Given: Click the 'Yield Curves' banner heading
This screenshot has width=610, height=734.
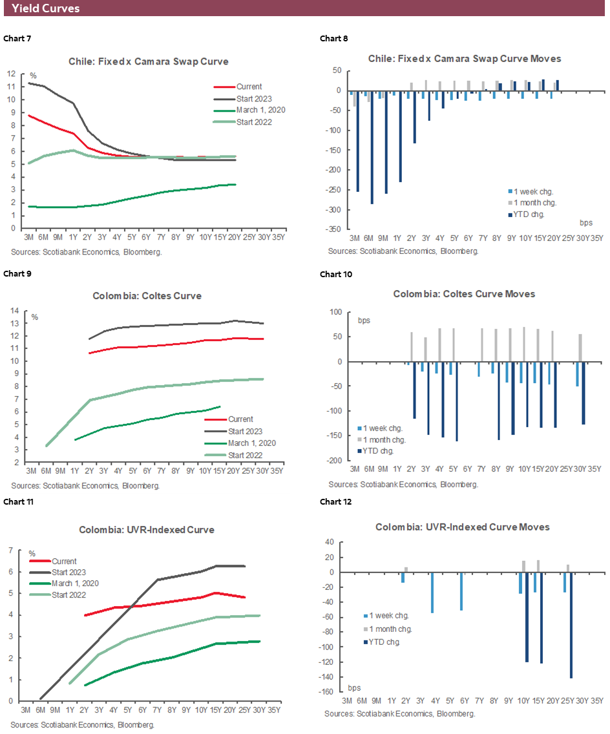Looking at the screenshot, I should point(46,8).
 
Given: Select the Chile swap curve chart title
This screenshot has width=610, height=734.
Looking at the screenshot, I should point(149,61).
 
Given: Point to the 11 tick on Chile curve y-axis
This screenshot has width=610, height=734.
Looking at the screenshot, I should point(11,87).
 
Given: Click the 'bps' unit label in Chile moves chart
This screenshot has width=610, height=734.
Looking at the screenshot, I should point(585,222).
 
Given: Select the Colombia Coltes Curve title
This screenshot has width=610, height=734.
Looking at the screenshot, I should point(149,296).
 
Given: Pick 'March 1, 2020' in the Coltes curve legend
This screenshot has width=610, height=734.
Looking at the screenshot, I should point(251,443).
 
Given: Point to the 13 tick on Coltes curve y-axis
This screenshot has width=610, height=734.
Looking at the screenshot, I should point(14,323).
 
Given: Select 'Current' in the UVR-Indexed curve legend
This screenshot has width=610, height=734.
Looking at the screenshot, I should point(64,561).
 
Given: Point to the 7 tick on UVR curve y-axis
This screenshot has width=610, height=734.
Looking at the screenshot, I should point(11,550).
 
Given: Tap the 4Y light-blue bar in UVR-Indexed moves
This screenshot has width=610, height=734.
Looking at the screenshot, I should point(432,592).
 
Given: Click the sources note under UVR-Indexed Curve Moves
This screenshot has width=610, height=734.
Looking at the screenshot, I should point(400,714).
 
